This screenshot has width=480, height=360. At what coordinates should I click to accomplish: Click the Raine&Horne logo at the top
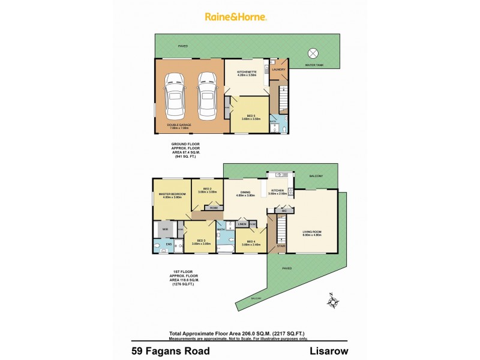point(240,17)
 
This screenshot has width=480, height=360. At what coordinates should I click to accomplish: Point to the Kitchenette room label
point(247,73)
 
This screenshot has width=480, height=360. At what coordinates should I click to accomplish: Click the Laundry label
point(278,70)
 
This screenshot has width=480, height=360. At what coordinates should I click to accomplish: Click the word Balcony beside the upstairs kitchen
point(316,176)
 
